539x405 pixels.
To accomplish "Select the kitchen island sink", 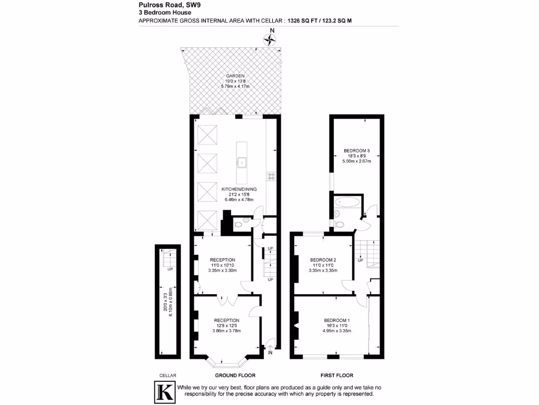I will (x=242, y=162).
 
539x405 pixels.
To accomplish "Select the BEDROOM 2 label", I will (x=323, y=259).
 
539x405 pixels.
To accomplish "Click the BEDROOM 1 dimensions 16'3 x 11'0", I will (x=337, y=326).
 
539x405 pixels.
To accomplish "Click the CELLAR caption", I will (x=167, y=375).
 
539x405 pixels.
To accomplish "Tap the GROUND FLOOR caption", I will (x=235, y=375).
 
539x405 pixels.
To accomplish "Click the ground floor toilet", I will (x=240, y=224).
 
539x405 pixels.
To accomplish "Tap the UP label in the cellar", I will (x=170, y=269).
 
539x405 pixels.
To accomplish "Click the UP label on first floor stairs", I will (x=361, y=260).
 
